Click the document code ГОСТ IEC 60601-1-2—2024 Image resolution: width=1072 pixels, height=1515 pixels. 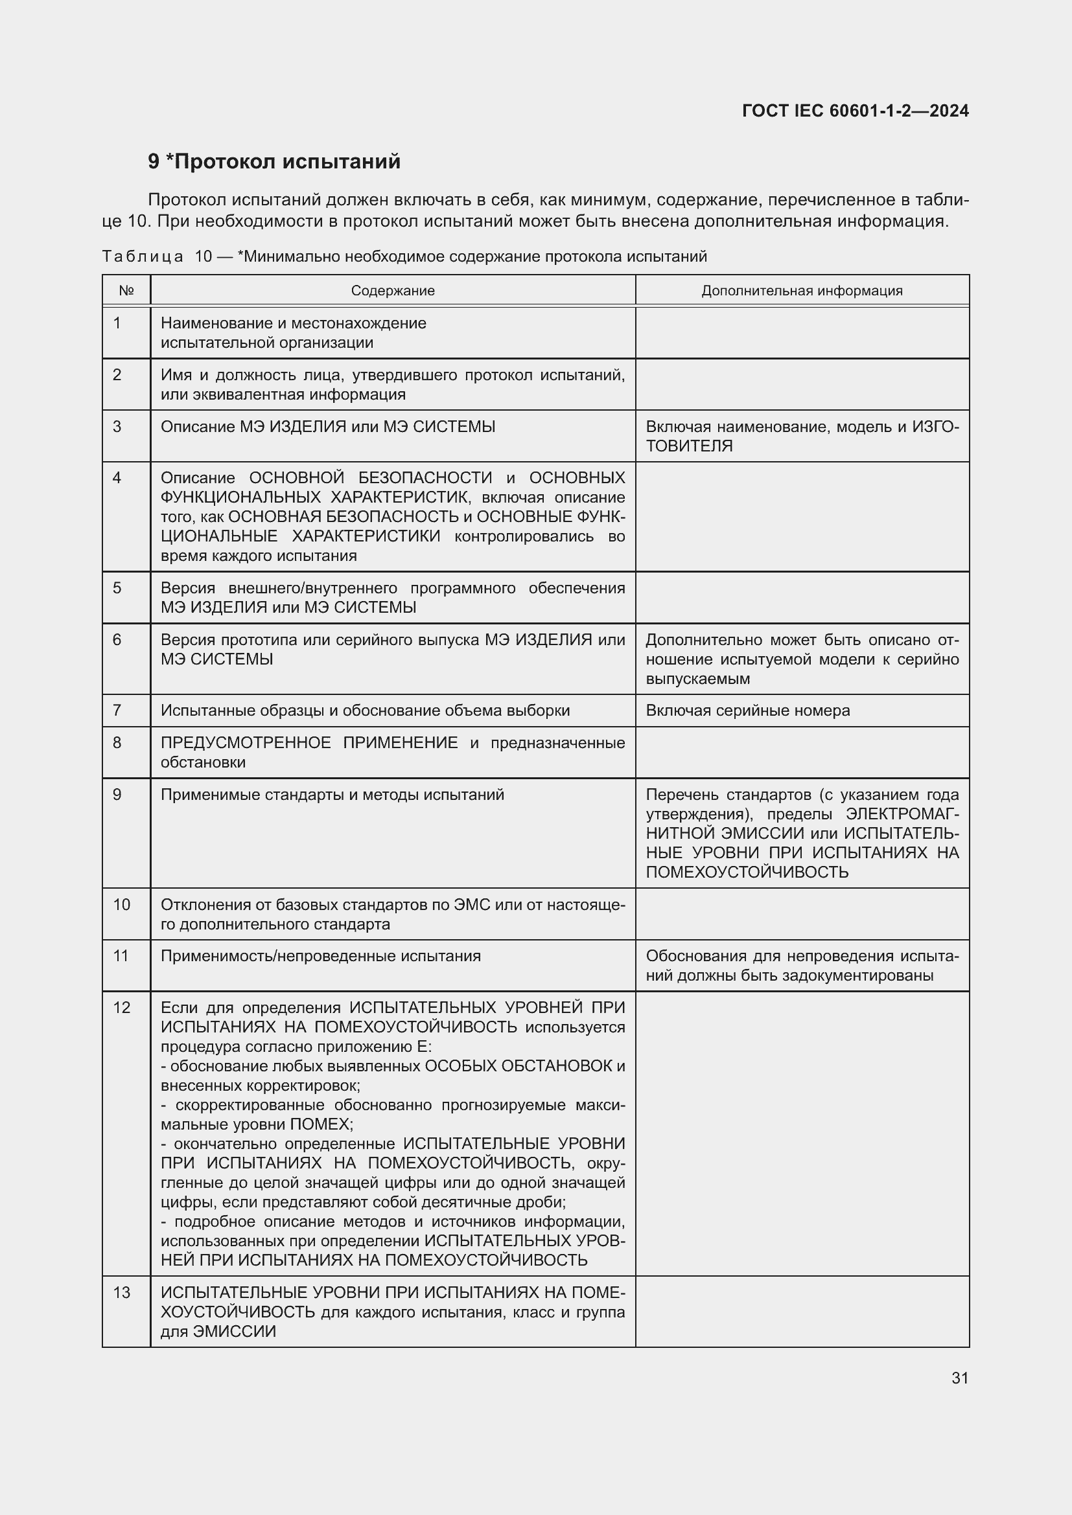click(x=855, y=111)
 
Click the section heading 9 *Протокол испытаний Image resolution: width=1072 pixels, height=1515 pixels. click(x=274, y=162)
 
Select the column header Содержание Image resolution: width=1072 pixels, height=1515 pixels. click(x=393, y=291)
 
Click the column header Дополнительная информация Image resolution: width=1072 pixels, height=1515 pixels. click(x=802, y=291)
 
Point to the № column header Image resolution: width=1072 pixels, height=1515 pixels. click(x=126, y=291)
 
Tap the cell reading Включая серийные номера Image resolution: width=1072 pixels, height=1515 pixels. click(x=748, y=711)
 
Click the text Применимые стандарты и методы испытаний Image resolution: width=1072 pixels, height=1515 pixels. click(x=332, y=795)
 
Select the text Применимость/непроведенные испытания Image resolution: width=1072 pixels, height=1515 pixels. click(x=321, y=956)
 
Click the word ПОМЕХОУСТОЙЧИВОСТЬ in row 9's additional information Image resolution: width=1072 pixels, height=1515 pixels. click(x=747, y=872)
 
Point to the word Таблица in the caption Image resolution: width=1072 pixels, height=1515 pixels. click(x=143, y=256)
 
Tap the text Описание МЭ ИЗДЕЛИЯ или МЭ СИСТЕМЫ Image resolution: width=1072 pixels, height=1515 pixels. click(x=328, y=427)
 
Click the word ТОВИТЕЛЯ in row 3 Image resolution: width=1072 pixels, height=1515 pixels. click(x=689, y=446)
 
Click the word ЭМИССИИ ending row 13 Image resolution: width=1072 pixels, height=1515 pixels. click(x=235, y=1332)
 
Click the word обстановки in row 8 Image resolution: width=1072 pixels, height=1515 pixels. click(x=204, y=763)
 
